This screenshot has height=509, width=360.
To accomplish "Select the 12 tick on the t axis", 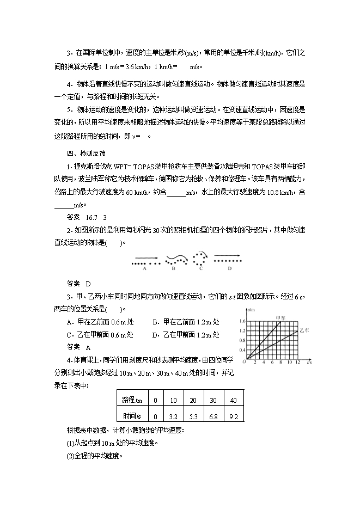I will tap(297, 361).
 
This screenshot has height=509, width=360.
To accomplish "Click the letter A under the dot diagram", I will tap(144, 268).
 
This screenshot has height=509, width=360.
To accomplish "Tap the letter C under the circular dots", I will tap(201, 268).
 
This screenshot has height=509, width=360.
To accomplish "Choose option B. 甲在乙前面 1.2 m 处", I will tap(185, 321).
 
